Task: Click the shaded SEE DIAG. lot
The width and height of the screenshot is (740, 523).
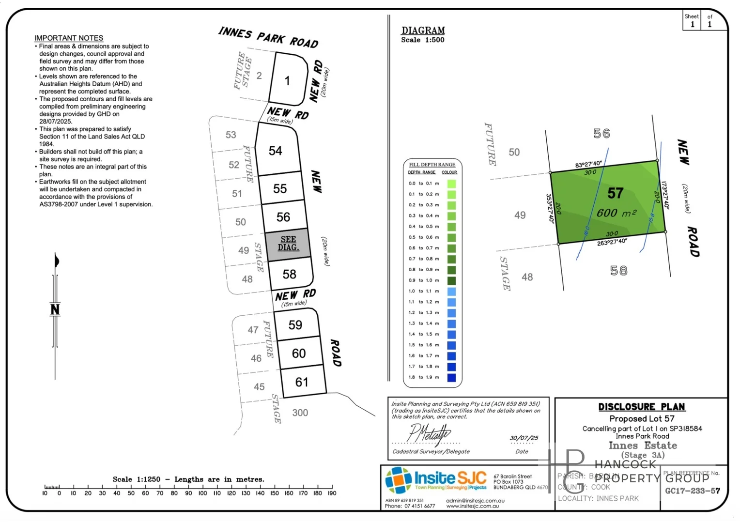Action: tap(288, 244)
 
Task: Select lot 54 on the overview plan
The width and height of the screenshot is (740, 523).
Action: tap(276, 151)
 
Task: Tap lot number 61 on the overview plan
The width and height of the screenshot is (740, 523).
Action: tap(302, 382)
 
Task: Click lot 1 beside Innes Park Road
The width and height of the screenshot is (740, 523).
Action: tap(287, 80)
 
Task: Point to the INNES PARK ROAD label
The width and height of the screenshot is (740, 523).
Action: tap(268, 37)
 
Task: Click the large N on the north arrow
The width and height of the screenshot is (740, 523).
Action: tap(55, 309)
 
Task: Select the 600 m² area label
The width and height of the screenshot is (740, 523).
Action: tap(616, 213)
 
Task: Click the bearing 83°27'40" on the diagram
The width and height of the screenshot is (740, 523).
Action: tap(588, 165)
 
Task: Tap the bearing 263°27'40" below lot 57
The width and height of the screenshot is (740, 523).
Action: tap(612, 242)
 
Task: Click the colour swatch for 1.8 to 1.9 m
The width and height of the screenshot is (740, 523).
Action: tap(451, 378)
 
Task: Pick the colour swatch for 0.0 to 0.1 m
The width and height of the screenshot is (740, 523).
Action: tap(451, 184)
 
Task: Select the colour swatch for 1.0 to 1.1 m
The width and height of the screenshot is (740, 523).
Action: tap(451, 292)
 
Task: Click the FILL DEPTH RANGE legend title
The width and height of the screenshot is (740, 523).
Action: tap(432, 165)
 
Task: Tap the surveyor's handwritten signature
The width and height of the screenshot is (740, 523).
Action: tap(428, 433)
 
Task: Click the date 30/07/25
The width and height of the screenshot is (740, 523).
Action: tap(524, 438)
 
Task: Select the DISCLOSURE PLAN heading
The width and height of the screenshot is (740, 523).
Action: tap(642, 407)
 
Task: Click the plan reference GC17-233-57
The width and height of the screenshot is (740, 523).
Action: tap(693, 491)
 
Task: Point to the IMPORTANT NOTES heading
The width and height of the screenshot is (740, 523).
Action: tap(69, 38)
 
